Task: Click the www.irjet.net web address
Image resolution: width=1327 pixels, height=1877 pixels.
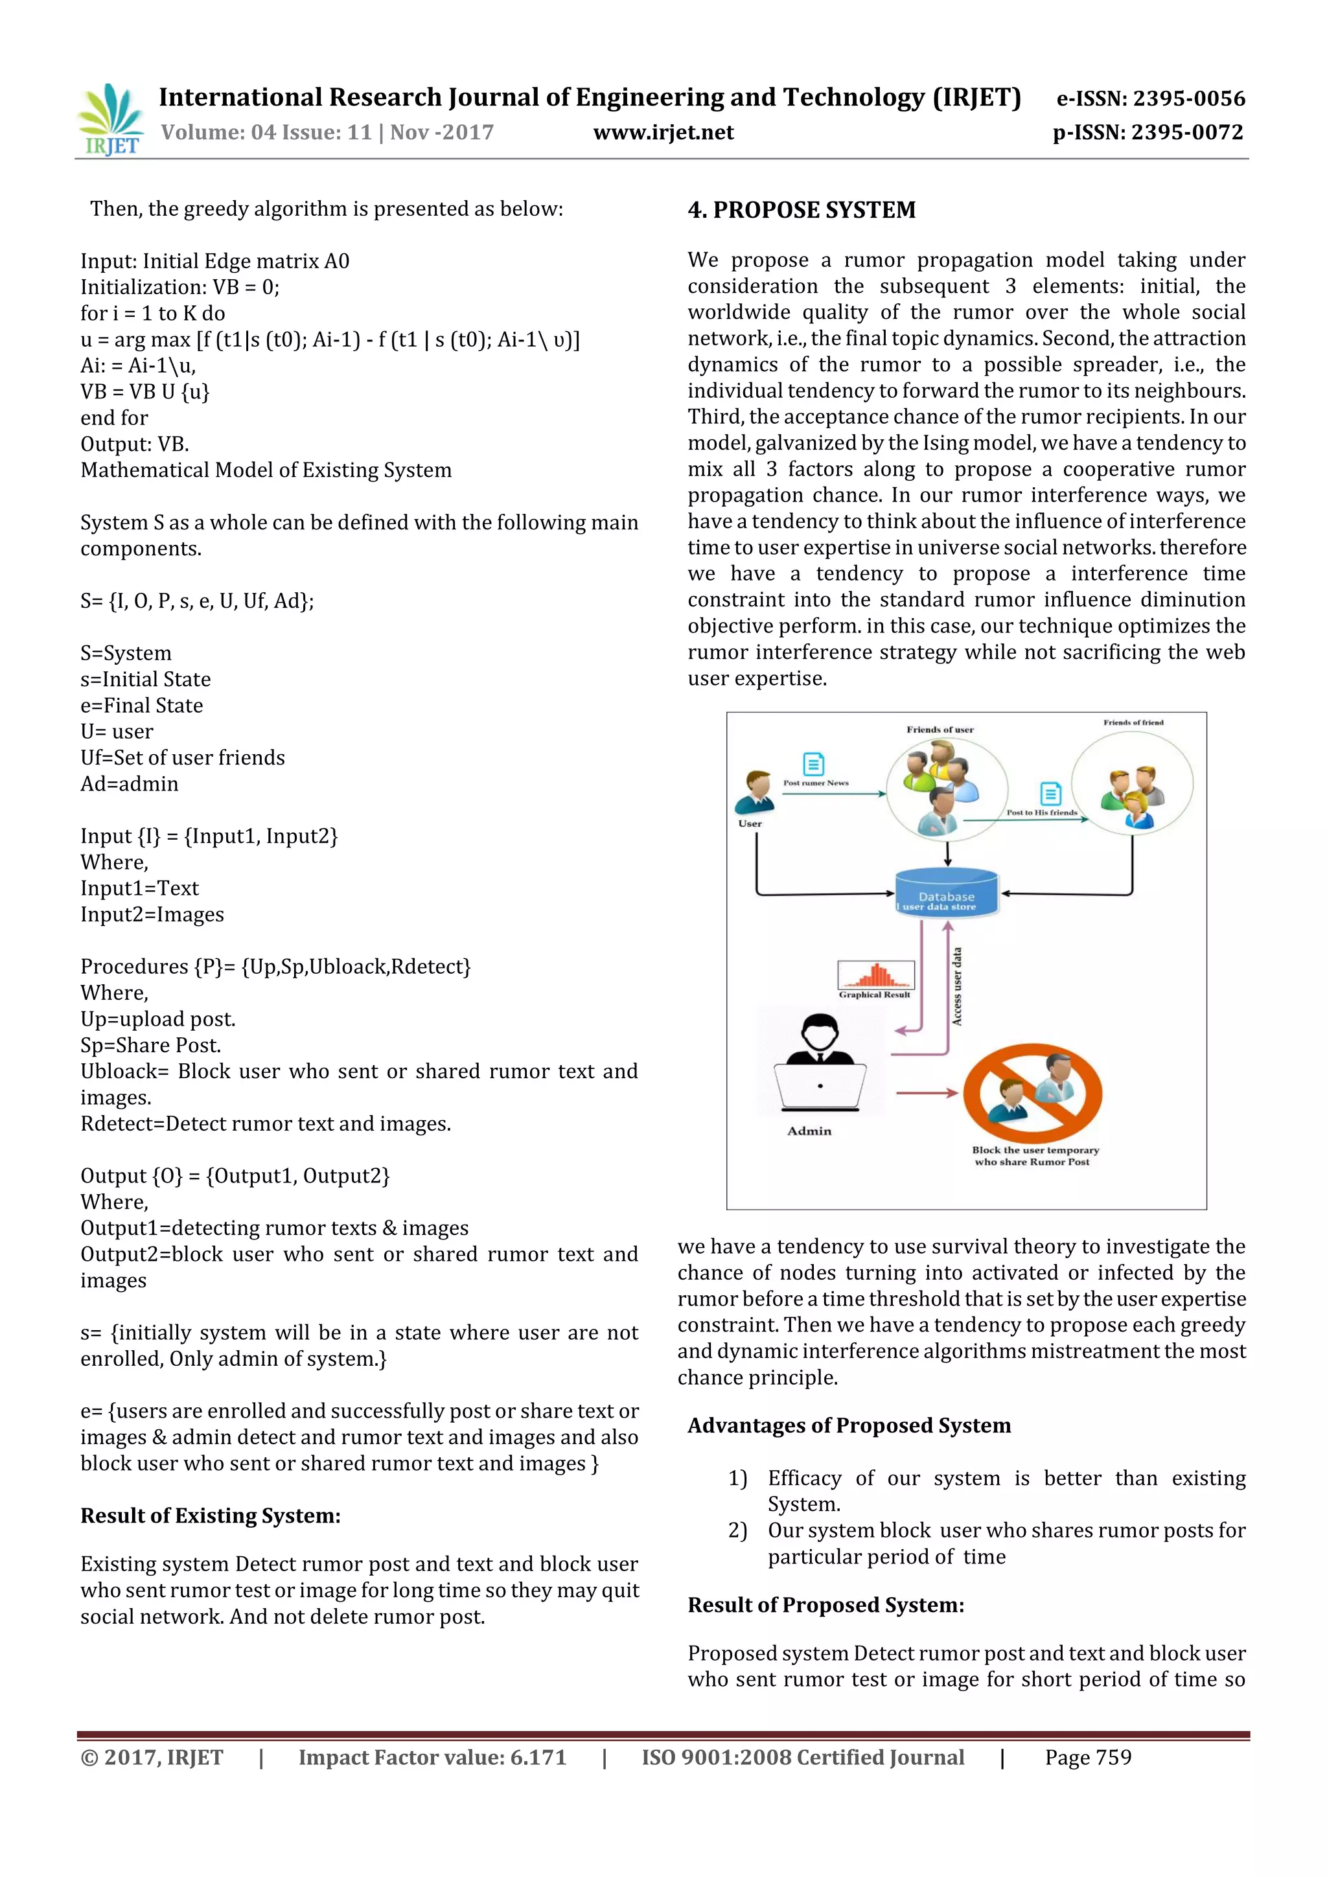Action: (663, 132)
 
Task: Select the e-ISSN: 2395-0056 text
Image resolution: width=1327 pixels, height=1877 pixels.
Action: (1150, 99)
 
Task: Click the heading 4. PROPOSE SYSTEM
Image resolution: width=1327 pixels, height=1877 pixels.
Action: (802, 210)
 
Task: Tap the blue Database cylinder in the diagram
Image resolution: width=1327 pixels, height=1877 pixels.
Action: (947, 893)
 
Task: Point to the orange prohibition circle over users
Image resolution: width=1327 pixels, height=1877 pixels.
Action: (1033, 1094)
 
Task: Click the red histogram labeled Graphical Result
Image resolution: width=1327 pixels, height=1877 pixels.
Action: (875, 975)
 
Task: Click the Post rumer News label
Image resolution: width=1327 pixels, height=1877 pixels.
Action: (816, 783)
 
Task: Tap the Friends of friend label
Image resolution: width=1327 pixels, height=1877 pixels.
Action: (1133, 722)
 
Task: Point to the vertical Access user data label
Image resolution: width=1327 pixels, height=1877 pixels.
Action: (956, 987)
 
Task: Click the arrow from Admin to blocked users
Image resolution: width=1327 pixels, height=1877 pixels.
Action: (927, 1093)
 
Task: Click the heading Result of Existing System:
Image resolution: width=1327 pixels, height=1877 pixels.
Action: (210, 1515)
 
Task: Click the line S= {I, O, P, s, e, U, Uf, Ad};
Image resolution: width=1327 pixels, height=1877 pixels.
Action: (197, 601)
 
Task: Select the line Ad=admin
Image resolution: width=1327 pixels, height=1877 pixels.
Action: (129, 784)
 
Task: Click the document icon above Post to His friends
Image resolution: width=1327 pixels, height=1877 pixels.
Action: (1050, 793)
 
